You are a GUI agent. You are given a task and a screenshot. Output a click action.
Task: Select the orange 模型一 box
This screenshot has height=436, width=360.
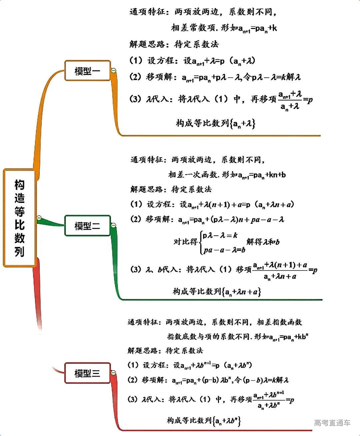[87, 71]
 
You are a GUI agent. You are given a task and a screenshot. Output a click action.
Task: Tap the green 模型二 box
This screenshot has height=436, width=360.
[87, 226]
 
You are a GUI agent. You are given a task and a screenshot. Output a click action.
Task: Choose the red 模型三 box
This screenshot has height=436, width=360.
[87, 373]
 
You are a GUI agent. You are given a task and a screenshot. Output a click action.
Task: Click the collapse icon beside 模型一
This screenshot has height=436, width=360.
[113, 70]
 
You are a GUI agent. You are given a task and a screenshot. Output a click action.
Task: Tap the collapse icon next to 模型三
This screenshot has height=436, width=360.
[113, 372]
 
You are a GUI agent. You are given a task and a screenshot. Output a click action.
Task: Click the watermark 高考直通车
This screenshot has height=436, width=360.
[332, 423]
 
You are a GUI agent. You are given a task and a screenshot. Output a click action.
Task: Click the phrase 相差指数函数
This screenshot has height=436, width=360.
[279, 322]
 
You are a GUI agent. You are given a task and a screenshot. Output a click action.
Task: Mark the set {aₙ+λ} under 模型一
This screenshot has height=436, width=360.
[243, 124]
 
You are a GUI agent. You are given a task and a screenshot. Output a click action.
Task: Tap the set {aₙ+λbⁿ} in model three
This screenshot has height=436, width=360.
[227, 421]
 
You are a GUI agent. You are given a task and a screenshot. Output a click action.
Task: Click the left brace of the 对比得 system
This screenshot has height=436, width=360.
[201, 242]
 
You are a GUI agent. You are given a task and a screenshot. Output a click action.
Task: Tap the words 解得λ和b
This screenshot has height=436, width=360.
[263, 242]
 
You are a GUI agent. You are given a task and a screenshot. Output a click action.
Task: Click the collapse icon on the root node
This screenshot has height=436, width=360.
[39, 218]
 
